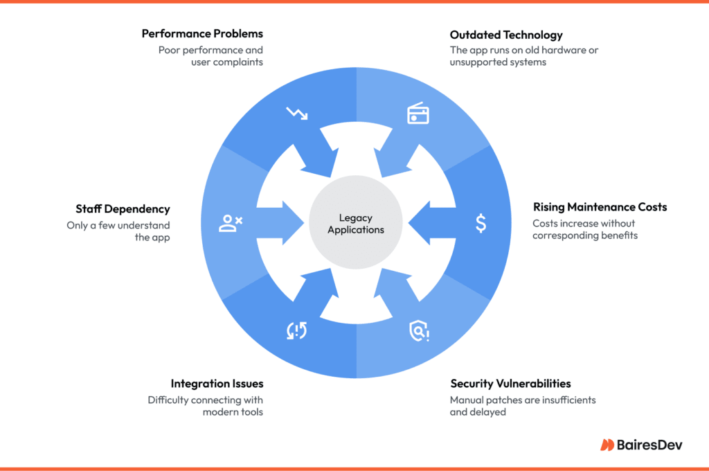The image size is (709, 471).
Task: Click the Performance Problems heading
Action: coord(202,33)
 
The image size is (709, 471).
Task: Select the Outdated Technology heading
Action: coord(506,35)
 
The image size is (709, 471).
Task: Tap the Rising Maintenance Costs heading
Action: coord(600,207)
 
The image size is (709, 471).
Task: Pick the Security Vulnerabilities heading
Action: coord(510,383)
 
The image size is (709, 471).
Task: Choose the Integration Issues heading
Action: coord(217,383)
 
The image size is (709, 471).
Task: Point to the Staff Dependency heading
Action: coord(123,208)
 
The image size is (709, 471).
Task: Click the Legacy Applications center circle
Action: coord(356,224)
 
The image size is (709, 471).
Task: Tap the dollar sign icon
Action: coord(481,223)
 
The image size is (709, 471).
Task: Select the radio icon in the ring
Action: coord(418,114)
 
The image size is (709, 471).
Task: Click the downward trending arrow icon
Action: coord(296,114)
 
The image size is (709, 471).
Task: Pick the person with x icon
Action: coord(231,223)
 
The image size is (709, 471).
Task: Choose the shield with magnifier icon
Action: coord(418,332)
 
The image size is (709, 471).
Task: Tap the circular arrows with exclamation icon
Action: coord(296,332)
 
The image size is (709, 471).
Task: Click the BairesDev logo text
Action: coord(650,445)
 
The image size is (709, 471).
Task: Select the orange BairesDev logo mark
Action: coord(607,445)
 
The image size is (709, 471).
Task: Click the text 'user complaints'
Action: coord(227,62)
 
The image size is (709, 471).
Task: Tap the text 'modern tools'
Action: coord(233,412)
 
